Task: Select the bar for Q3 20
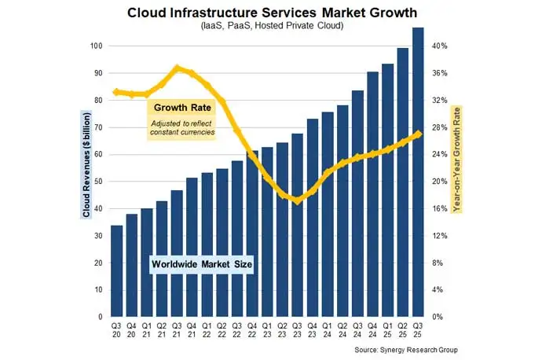pos(116,270)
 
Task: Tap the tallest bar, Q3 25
pos(418,172)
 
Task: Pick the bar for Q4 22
pos(252,233)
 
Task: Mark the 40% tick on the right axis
pos(440,46)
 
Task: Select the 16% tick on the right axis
pos(440,209)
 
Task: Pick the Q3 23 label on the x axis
pos(297,328)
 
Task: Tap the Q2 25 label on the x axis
pos(402,328)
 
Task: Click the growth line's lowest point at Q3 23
pos(297,201)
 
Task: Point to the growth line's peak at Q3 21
pos(177,68)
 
